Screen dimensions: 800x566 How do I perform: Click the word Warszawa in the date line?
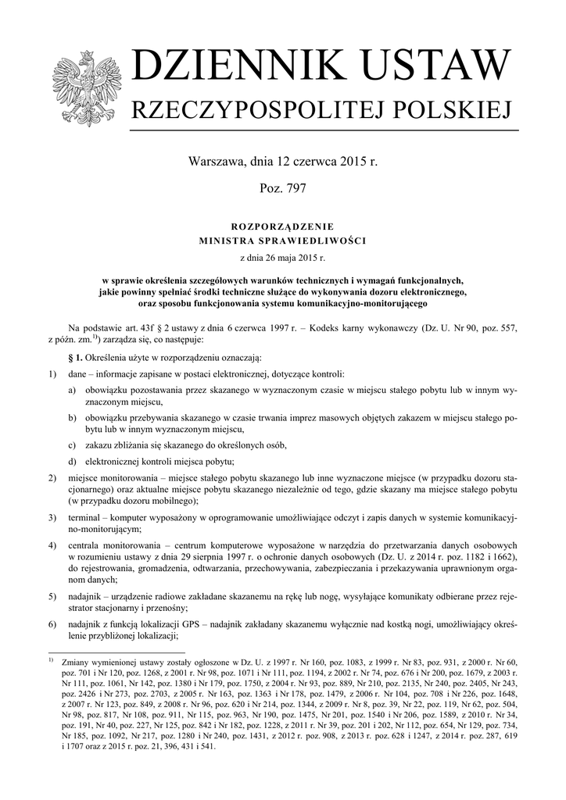(214, 162)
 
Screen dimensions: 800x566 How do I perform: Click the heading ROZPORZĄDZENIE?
(282, 226)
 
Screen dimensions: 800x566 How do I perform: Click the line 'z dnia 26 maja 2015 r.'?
(282, 255)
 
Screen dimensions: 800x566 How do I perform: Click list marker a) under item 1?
(72, 389)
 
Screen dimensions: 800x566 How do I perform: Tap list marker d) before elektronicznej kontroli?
(72, 461)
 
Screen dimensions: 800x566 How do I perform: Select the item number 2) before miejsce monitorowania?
(52, 477)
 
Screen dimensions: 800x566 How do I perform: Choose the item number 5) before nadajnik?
(52, 598)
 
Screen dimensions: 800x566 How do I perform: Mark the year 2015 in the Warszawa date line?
(353, 162)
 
